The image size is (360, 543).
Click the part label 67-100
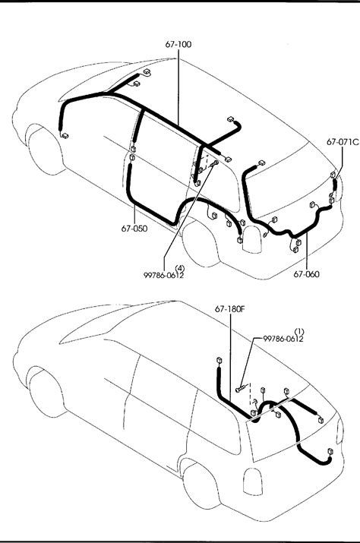click(178, 44)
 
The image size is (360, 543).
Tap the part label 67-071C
click(343, 142)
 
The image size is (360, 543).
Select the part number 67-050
click(134, 229)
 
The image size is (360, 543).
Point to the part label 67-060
click(307, 274)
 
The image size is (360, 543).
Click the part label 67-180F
click(230, 309)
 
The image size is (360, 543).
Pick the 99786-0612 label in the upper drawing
click(164, 275)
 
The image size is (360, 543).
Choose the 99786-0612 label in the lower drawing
click(283, 339)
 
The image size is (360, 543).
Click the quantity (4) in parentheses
click(180, 268)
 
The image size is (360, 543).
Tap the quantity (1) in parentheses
click(299, 331)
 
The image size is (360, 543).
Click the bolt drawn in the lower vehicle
click(241, 388)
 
